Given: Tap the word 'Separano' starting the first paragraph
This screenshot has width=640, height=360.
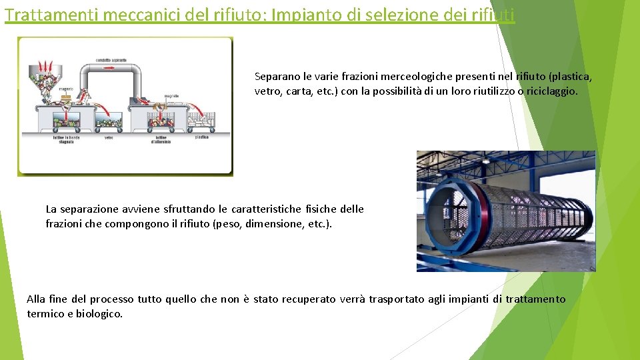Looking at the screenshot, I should [276, 77].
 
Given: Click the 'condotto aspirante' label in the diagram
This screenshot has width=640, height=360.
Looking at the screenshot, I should [112, 61].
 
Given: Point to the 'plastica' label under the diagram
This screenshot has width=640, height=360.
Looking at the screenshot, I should [201, 137].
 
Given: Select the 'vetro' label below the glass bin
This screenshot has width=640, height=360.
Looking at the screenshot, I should [109, 138].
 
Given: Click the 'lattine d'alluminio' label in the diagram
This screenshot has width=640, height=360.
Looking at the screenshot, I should [161, 139].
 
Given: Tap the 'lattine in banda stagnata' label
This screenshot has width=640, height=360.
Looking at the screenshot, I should [66, 139].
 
